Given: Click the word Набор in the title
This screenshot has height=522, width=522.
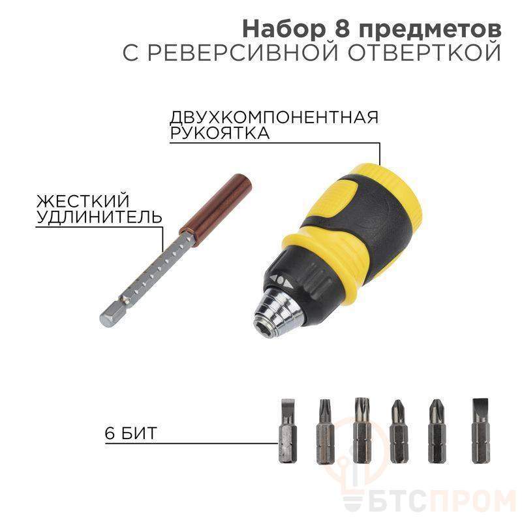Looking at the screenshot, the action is coord(283,29).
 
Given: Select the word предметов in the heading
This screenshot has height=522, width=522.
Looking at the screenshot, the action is coord(430,31).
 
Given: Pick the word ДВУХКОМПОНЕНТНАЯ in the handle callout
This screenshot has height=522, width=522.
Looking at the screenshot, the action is coord(274,117).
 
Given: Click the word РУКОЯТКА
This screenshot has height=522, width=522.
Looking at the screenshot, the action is coord(220,133).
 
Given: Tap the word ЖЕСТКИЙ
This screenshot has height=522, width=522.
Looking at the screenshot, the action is coord(83,201).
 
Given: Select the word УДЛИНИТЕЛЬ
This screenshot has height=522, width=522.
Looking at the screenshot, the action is coord(99,217).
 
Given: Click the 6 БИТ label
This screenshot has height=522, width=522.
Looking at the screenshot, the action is coord(130,433).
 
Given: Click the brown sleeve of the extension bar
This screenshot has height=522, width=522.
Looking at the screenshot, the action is coord(216,206).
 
